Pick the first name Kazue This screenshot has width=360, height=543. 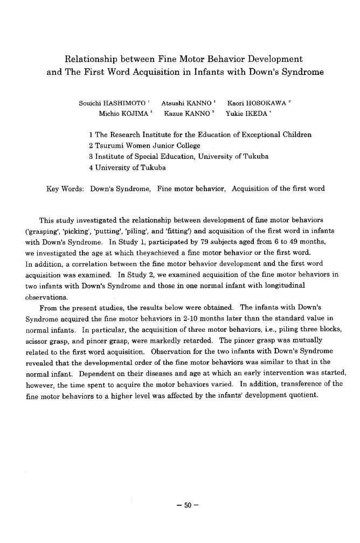click(x=174, y=114)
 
